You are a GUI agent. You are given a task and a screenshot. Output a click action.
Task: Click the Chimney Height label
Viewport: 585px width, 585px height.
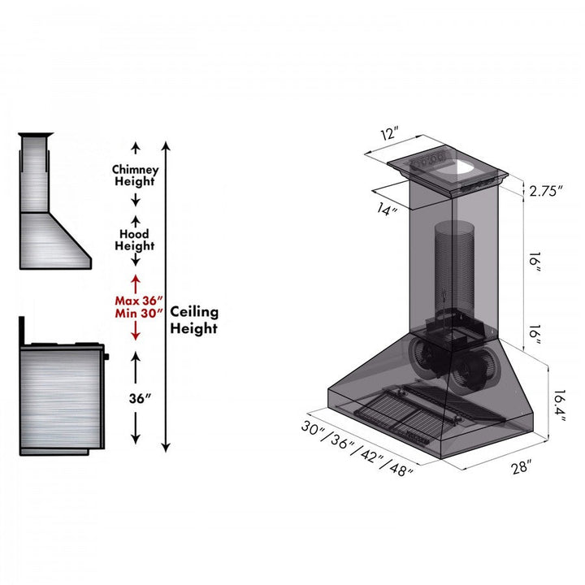[x=135, y=175]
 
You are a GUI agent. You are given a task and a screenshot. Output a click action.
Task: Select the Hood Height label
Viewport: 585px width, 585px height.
[x=135, y=240]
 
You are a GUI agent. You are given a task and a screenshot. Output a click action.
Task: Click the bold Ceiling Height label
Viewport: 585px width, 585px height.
[x=193, y=320]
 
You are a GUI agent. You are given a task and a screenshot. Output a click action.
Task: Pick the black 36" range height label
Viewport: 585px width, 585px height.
[x=135, y=399]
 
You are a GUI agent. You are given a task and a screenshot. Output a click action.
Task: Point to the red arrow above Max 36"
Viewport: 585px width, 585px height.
[x=136, y=285]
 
